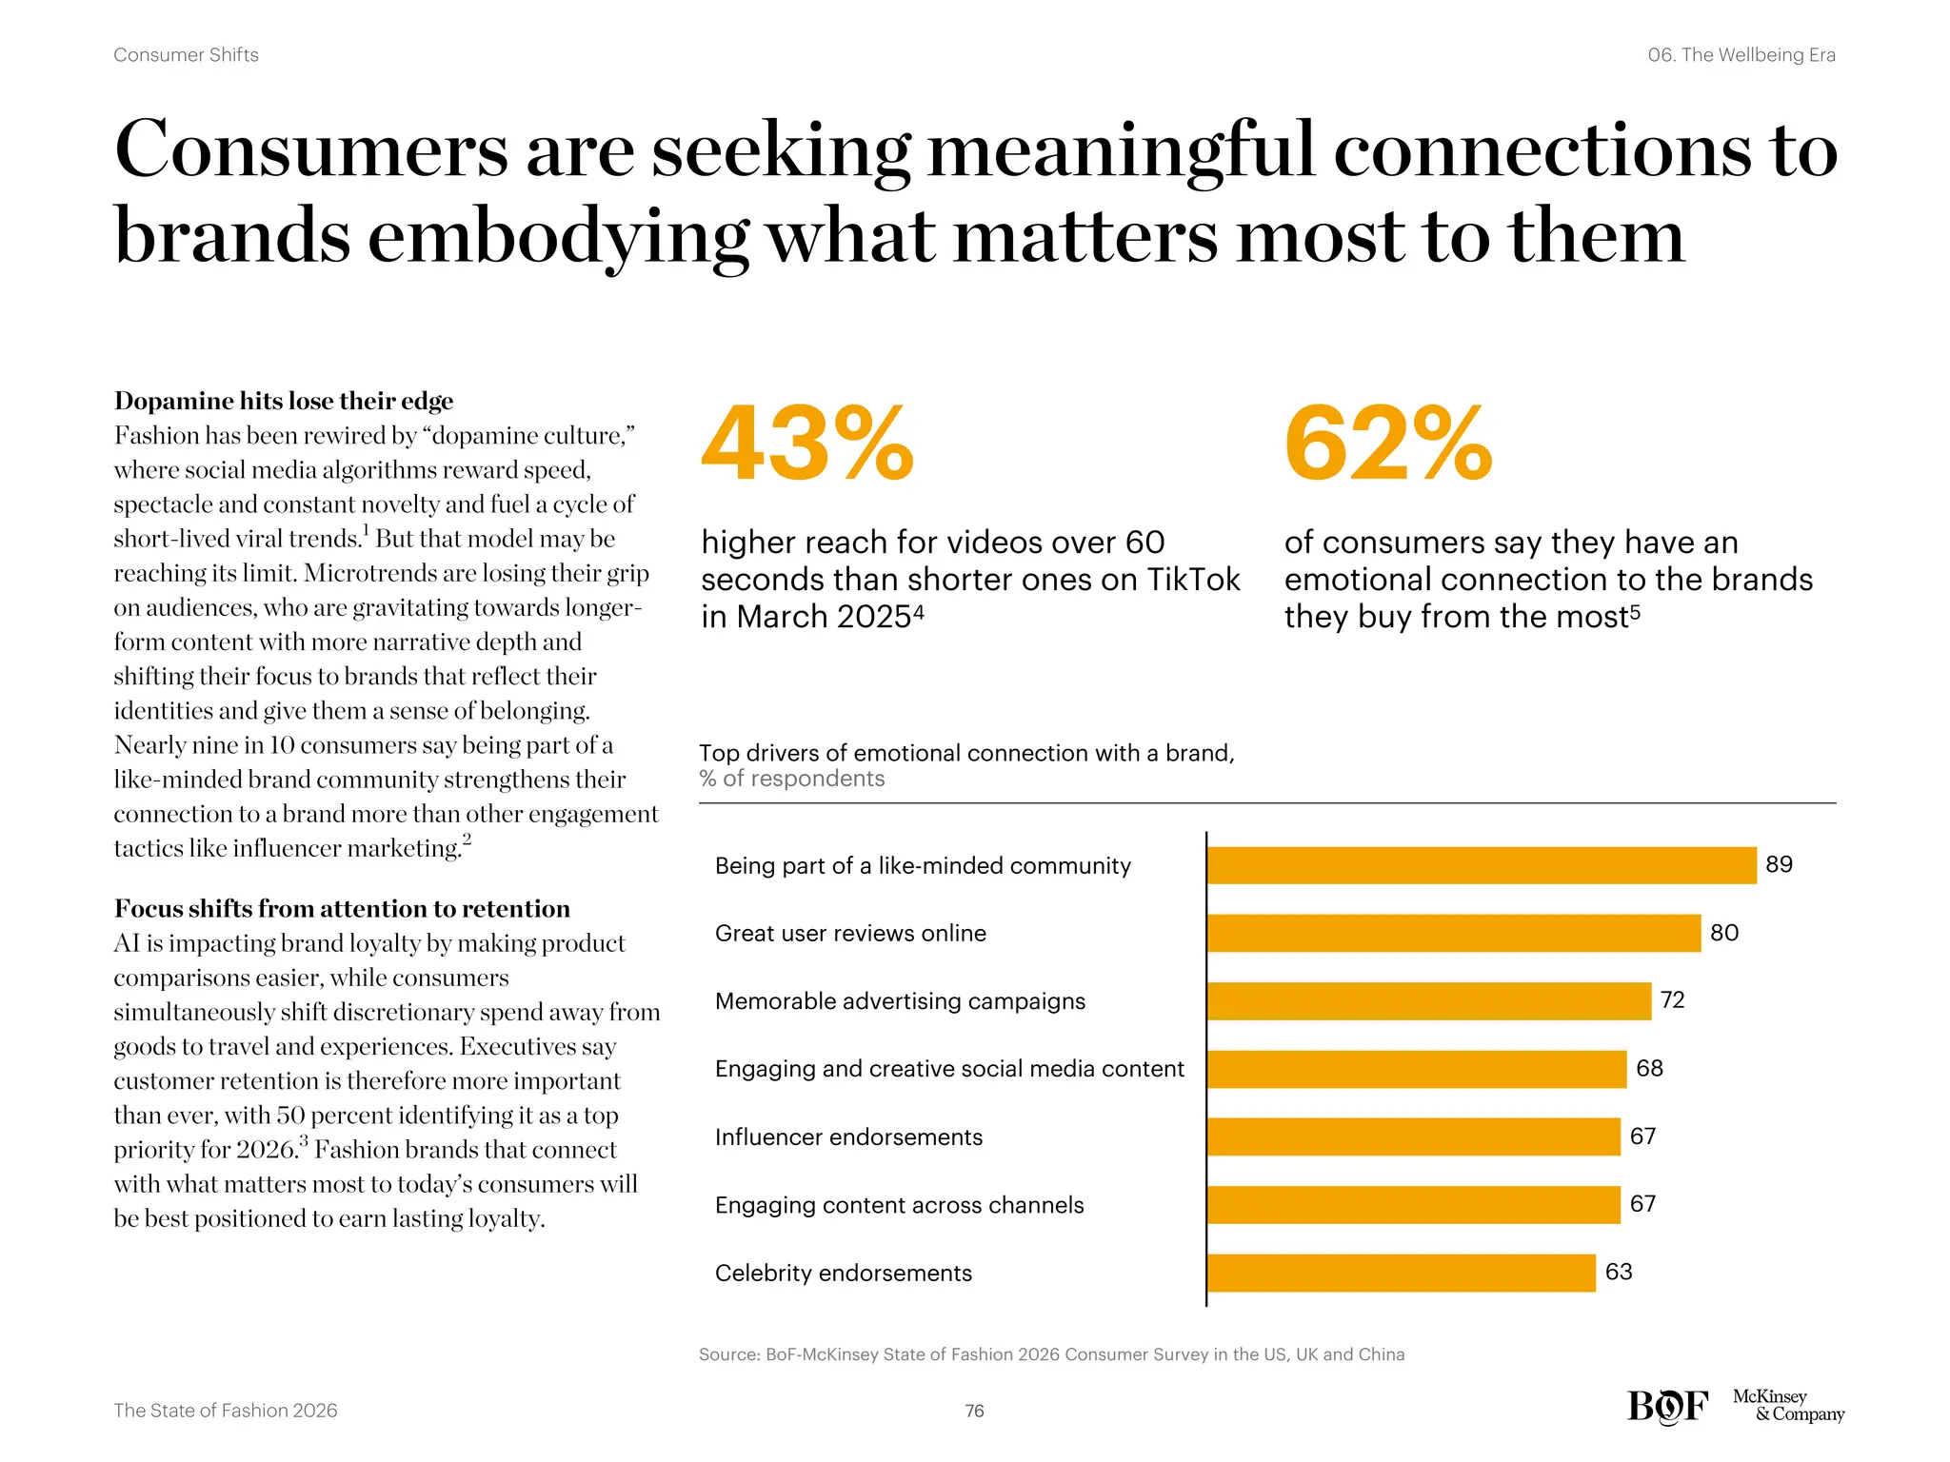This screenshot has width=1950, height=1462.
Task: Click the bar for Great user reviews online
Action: tap(1453, 933)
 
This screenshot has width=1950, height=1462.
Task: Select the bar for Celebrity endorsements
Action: tap(1401, 1273)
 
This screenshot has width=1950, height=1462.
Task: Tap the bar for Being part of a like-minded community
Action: tap(1481, 865)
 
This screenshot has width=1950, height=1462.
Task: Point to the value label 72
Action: tap(1672, 1000)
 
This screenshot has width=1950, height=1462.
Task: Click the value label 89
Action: tap(1779, 864)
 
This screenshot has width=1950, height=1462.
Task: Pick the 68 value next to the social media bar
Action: tap(1649, 1068)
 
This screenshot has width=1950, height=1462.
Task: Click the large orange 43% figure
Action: tap(807, 444)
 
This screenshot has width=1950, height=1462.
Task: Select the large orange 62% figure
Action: tap(1388, 444)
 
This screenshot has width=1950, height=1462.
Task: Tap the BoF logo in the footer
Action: tap(1667, 1407)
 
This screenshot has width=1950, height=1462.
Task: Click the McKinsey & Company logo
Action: tap(1787, 1406)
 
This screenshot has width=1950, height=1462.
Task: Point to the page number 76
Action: tap(974, 1411)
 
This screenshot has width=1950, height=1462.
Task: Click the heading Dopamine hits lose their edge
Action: tap(284, 401)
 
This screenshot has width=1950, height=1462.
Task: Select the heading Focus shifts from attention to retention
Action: tap(342, 908)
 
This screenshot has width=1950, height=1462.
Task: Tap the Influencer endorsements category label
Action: tap(848, 1136)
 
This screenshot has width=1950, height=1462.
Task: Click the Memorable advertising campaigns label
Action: tap(900, 1001)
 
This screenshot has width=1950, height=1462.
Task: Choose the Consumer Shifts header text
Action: tap(186, 55)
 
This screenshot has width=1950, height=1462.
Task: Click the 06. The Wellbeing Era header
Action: tap(1741, 55)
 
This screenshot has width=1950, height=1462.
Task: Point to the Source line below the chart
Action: tap(1051, 1354)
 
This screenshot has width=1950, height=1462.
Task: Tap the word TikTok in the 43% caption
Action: tap(1193, 580)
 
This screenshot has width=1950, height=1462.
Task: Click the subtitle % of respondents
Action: tap(791, 779)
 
